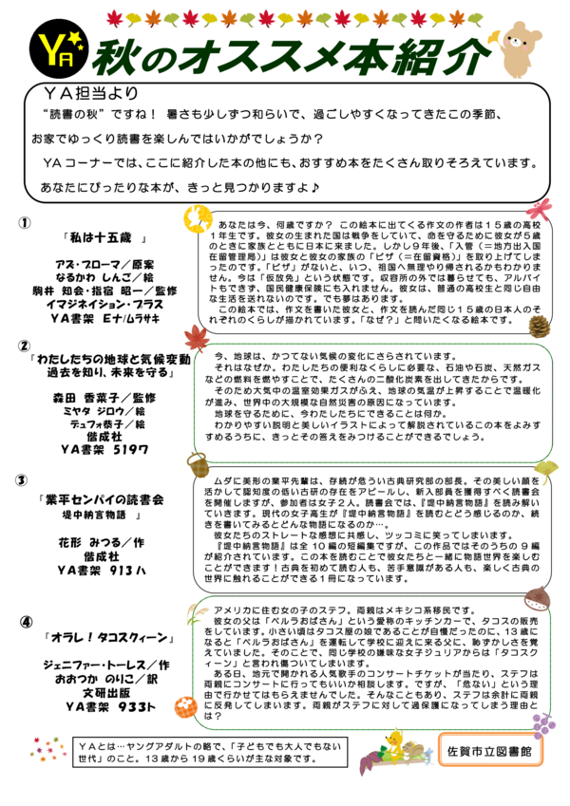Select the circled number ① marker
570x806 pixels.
[x=25, y=222]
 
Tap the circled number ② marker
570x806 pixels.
[x=24, y=346]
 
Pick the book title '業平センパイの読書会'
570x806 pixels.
[x=103, y=498]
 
